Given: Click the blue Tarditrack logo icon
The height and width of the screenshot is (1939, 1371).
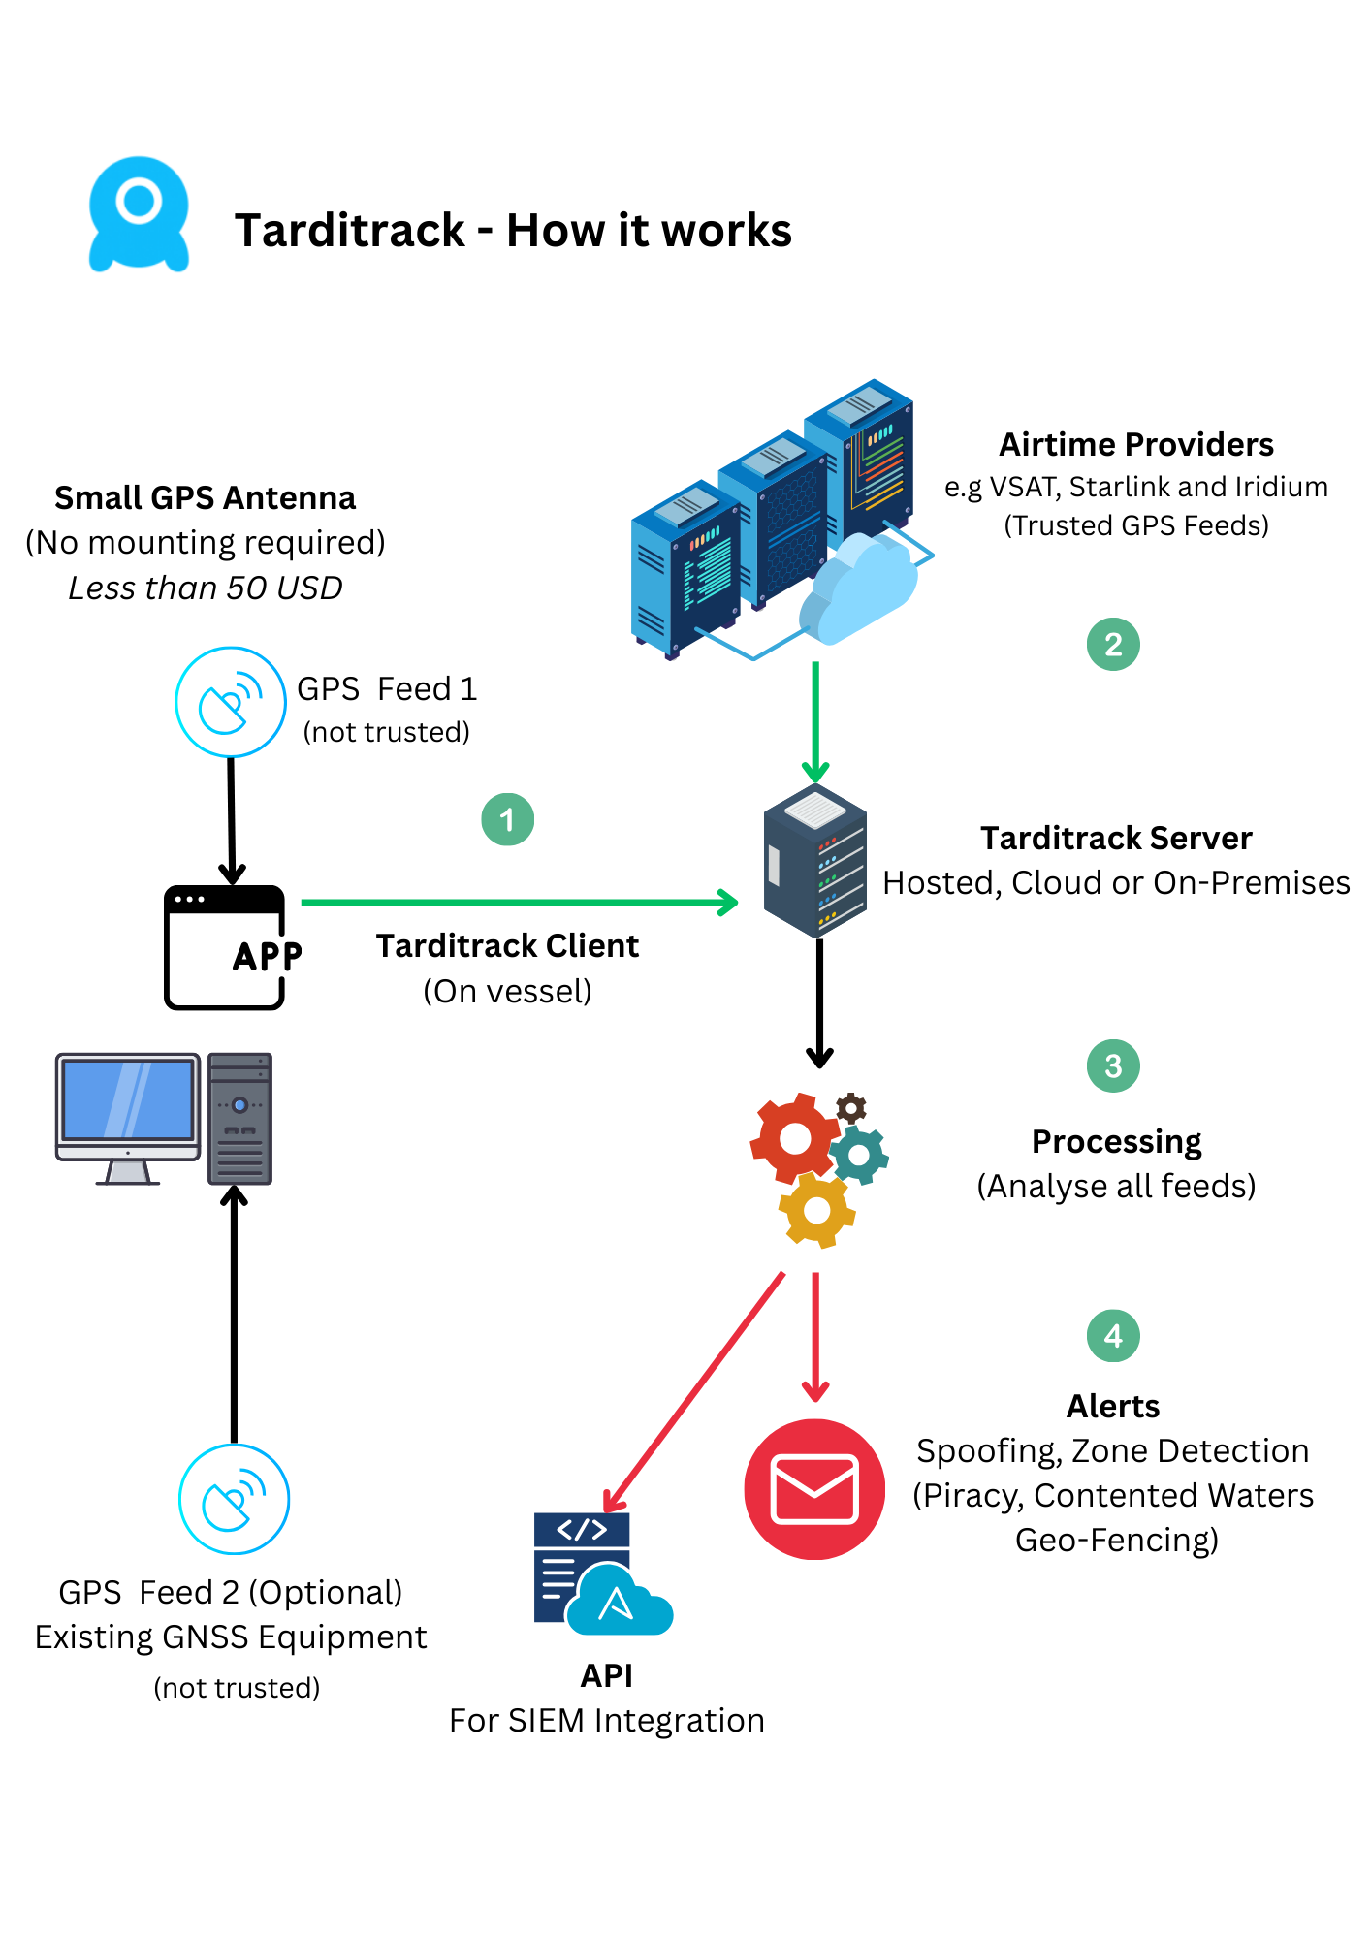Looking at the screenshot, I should coord(139,214).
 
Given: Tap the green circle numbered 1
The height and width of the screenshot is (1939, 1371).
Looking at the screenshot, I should coord(507,820).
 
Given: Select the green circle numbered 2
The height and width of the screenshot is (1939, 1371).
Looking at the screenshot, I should coord(1112,645).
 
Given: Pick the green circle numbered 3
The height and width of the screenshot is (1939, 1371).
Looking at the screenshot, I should coord(1112,1066).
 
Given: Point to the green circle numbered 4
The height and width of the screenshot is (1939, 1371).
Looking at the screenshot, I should coord(1112,1336).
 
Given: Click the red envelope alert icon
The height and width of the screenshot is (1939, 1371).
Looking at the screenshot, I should coord(814,1489).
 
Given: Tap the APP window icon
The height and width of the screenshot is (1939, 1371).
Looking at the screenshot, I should coord(226,948).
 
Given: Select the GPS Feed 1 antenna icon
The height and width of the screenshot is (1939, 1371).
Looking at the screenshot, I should coord(231,702).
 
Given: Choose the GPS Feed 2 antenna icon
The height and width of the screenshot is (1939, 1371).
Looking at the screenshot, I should coord(234,1500).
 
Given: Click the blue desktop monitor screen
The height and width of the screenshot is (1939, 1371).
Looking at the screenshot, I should coord(128,1099).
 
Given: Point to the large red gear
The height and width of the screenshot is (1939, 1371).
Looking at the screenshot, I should coord(794,1137).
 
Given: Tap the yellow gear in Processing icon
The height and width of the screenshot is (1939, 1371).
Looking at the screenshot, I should coord(816,1210).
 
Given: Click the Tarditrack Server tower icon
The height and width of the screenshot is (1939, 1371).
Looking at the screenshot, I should coord(814,861).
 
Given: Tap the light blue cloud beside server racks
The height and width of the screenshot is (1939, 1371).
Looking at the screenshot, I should coord(859,588).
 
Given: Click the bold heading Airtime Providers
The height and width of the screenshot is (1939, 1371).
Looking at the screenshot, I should coord(1135,444).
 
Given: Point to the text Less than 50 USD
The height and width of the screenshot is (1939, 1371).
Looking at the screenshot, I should coord(206,588).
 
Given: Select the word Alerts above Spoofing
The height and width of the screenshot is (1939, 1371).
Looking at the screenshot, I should coord(1113,1406).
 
